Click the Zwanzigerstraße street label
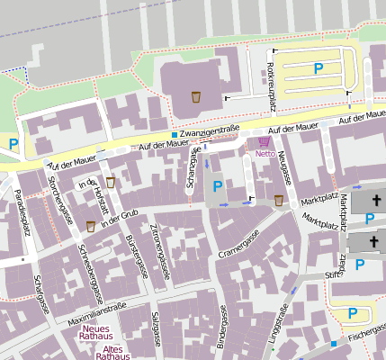209,131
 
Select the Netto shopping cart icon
264,141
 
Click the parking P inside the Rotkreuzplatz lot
318,67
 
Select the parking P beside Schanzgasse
218,186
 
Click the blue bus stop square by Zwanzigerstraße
175,135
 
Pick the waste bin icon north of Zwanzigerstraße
195,95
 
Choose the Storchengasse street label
61,203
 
